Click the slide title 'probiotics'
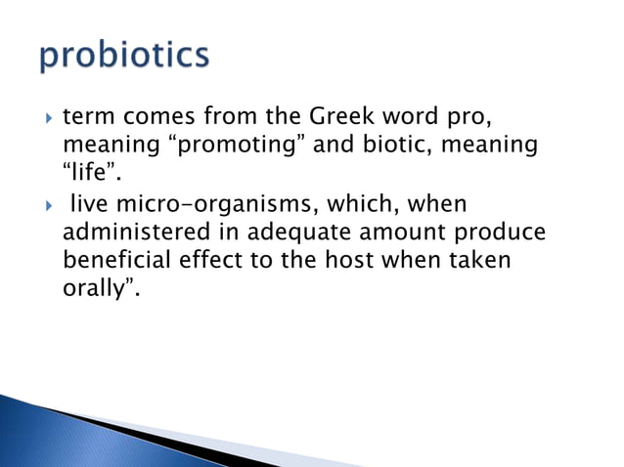click(124, 56)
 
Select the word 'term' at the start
click(85, 119)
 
